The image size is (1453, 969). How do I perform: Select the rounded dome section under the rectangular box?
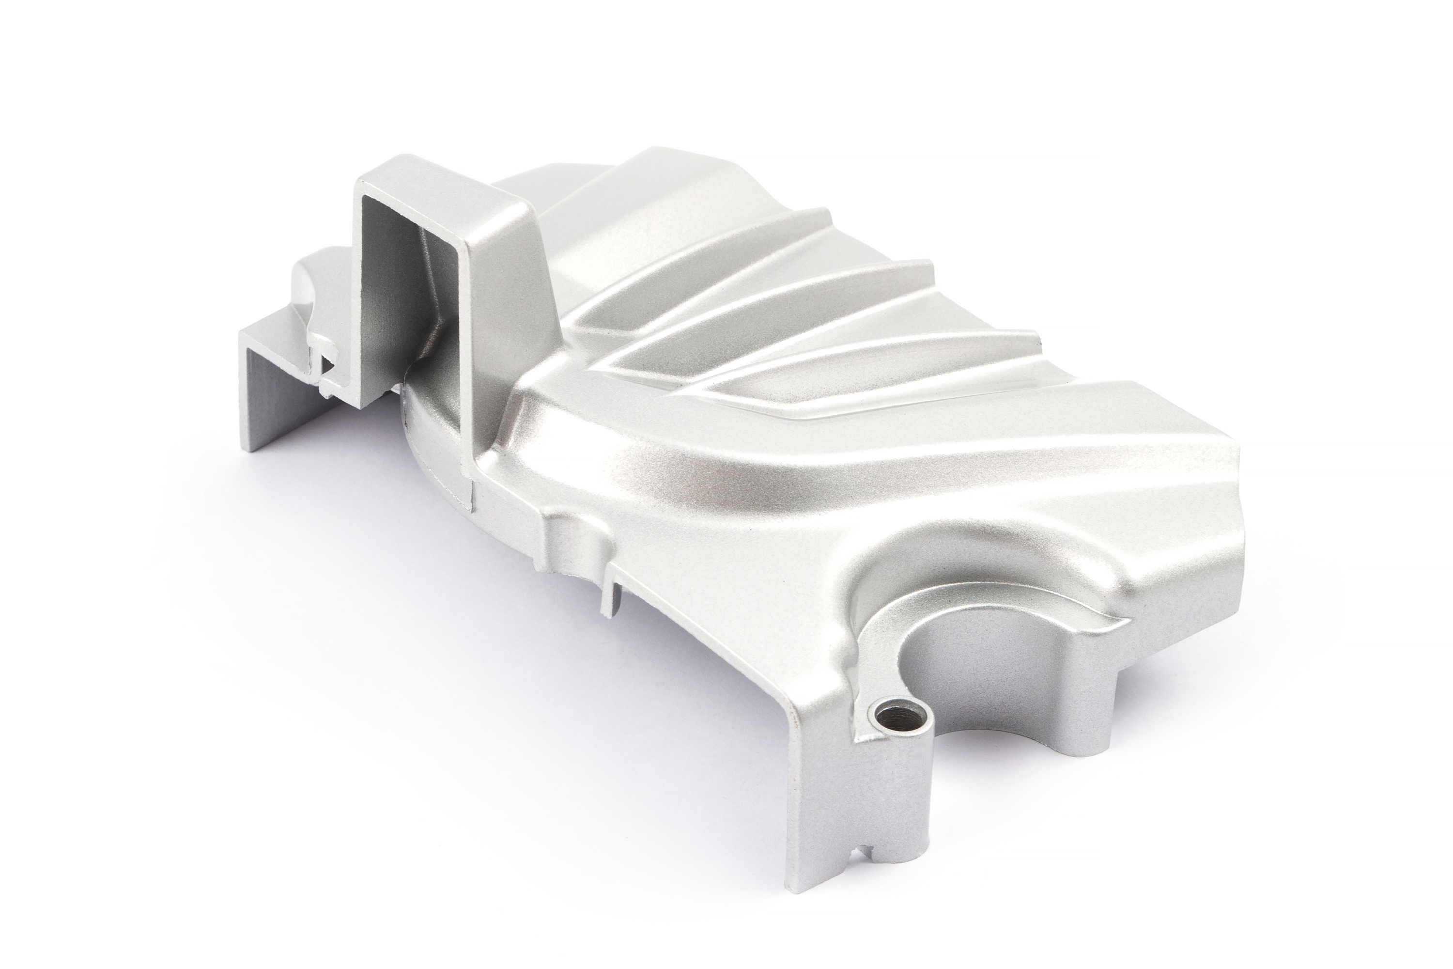coord(433,445)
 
